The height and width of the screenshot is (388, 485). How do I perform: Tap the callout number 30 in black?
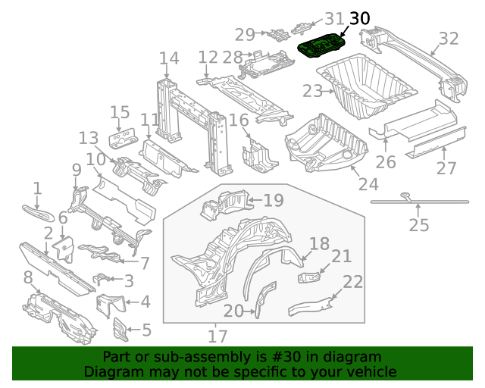click(361, 18)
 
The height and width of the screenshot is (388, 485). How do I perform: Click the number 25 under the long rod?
click(418, 225)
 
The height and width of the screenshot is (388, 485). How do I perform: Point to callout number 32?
click(449, 39)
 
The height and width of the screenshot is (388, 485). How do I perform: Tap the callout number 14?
click(168, 58)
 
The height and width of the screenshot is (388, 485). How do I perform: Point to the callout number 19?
click(273, 200)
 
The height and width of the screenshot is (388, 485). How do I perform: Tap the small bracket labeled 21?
click(310, 278)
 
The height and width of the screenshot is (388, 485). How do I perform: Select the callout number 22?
click(353, 282)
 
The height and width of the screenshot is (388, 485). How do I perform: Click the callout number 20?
click(233, 311)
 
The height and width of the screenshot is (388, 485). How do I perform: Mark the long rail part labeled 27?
click(432, 139)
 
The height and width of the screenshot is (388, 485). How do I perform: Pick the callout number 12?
click(208, 58)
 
